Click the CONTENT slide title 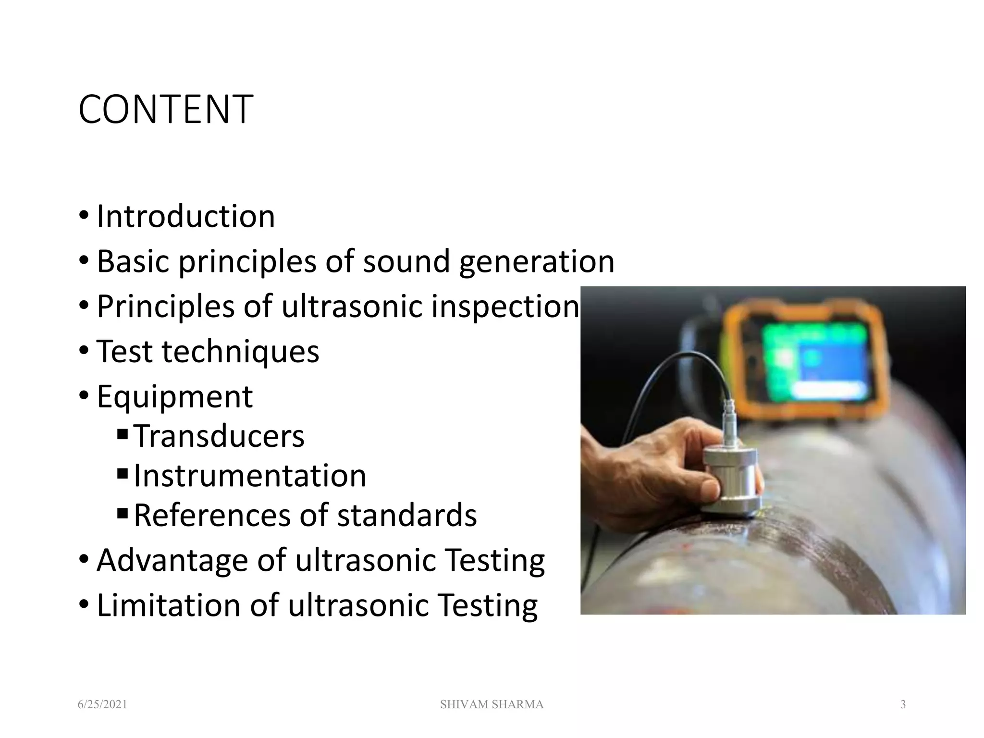[x=165, y=110]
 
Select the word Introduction [x=185, y=216]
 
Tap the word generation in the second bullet [x=537, y=261]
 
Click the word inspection [x=505, y=306]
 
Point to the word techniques [x=240, y=351]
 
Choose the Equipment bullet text [x=174, y=396]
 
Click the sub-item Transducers [x=219, y=436]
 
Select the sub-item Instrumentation [x=250, y=475]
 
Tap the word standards [x=406, y=515]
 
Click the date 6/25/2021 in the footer [x=102, y=705]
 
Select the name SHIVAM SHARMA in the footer [x=492, y=705]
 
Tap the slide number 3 [x=903, y=705]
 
